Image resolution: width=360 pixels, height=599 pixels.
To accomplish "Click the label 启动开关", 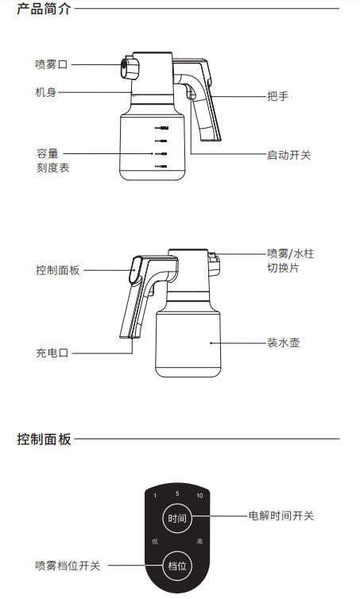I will tap(288, 155).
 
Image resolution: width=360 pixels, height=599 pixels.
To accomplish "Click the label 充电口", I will tap(52, 353).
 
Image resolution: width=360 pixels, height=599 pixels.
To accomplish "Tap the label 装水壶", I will tap(283, 343).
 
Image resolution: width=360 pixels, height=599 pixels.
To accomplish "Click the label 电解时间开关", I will tap(281, 516).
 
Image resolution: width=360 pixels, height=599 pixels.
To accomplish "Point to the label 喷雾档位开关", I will tap(68, 566).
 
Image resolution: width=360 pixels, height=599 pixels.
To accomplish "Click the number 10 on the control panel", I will tap(199, 496).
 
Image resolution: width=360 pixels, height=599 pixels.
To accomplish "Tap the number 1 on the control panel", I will tap(155, 496).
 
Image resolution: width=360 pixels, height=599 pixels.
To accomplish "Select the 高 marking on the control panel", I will tap(199, 541).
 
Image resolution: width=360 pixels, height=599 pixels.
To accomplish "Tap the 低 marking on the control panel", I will tap(155, 541).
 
